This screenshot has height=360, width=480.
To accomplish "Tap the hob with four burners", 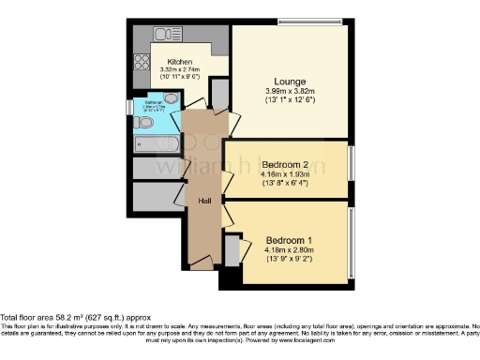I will [142, 62].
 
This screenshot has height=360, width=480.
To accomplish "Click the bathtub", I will [157, 144].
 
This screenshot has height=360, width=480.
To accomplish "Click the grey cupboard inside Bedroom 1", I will [232, 252].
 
